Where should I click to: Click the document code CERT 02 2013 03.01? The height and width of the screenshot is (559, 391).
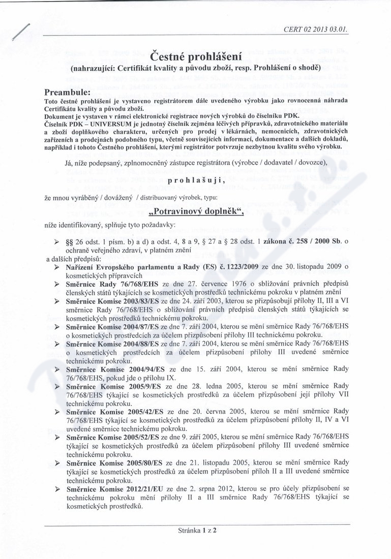click(x=316, y=29)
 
